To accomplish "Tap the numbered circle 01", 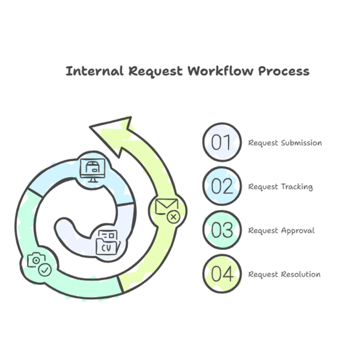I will tap(222, 142).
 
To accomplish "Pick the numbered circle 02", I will tap(222, 186).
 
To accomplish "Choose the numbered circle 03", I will tap(222, 230).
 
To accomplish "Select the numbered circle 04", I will tap(222, 273).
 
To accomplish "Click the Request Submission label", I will tap(285, 142).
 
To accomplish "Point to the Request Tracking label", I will tap(280, 186).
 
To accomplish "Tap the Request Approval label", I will tap(282, 230).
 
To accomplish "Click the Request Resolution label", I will tap(284, 274).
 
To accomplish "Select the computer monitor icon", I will tap(92, 168).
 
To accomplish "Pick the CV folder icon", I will tap(107, 242).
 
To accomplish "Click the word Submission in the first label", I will tap(301, 142).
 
